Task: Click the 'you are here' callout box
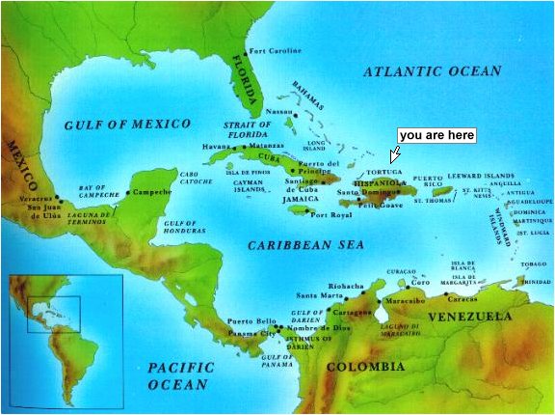click(436, 136)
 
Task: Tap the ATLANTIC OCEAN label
click(433, 71)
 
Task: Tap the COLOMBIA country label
click(365, 367)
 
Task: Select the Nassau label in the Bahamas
click(278, 112)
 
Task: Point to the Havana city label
click(217, 146)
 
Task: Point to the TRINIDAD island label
click(535, 282)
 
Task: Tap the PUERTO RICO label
click(429, 182)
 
